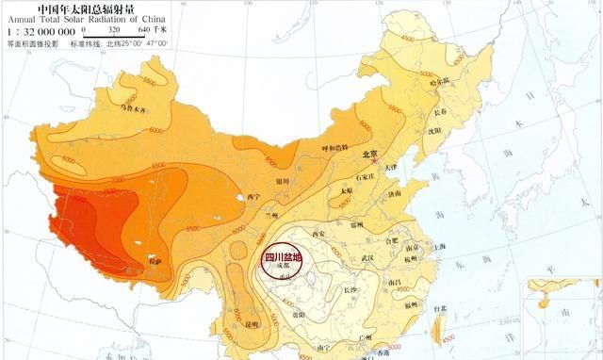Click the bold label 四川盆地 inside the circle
[x=282, y=255]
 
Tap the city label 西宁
[x=253, y=197]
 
